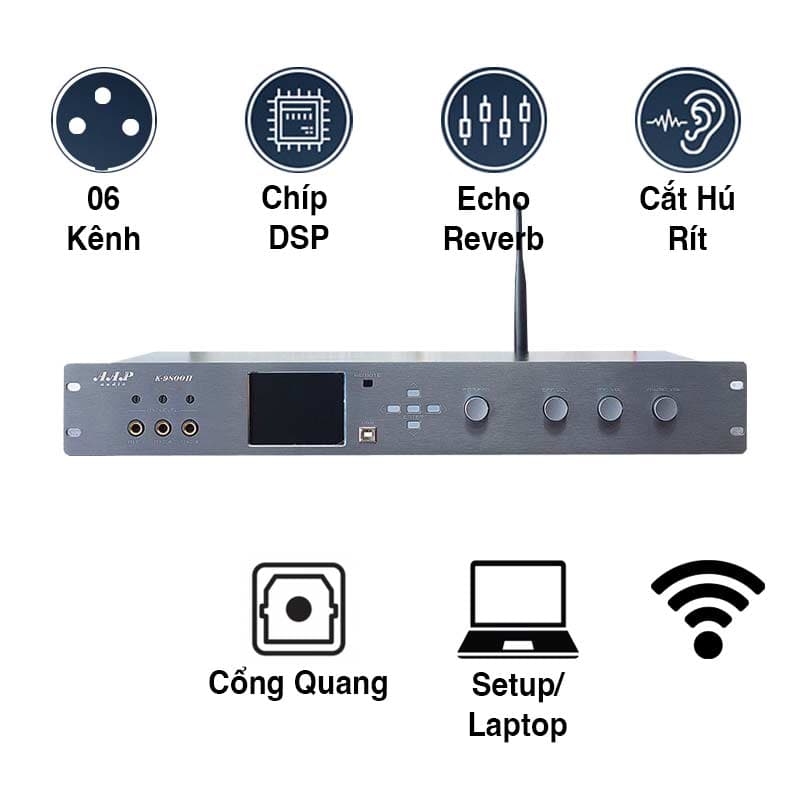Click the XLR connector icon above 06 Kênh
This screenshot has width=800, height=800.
tap(104, 119)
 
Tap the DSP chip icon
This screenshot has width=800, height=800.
tap(299, 119)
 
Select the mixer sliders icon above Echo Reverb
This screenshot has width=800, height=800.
tap(494, 119)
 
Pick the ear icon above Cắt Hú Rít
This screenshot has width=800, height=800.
tap(688, 119)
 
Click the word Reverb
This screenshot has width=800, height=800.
tap(494, 239)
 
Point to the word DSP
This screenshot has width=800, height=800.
tap(299, 239)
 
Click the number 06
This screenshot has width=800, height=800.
tap(104, 199)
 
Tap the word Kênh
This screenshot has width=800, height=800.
tap(104, 239)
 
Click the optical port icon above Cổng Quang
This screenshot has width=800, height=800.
tap(298, 609)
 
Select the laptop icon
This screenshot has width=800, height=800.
tap(518, 609)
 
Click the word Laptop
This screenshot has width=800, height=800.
tap(518, 724)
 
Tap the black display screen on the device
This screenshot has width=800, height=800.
tap(296, 409)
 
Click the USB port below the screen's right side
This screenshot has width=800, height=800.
tap(367, 435)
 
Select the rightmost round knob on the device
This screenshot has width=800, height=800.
tap(665, 407)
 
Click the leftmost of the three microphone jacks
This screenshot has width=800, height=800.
tap(134, 429)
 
